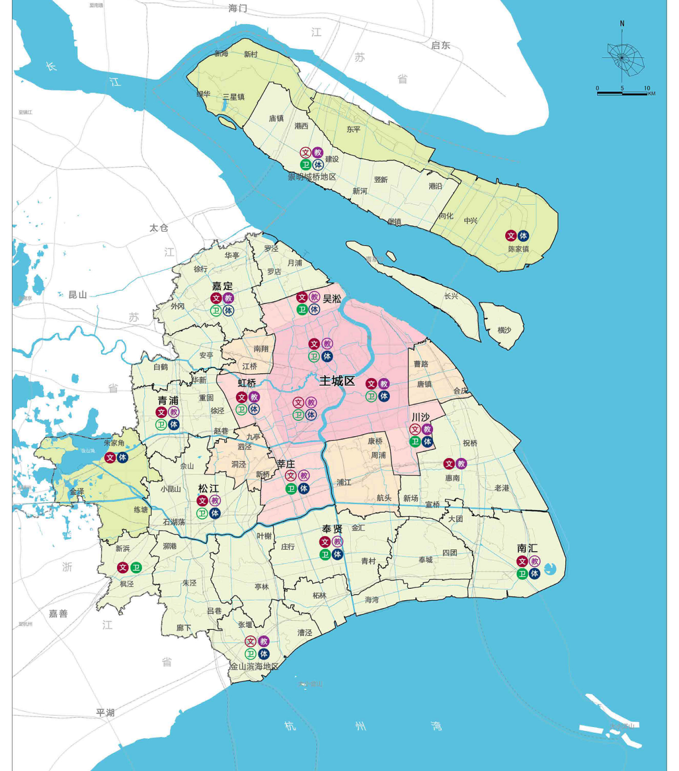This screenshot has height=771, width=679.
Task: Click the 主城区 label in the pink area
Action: [337, 381]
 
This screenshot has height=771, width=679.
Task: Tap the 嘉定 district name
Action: [223, 286]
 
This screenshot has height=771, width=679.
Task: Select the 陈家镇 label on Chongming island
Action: [518, 249]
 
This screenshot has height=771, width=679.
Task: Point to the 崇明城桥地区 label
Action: [312, 177]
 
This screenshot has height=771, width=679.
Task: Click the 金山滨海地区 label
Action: [254, 666]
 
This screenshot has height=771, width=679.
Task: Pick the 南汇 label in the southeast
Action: [527, 548]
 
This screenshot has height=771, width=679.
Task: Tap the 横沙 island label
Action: [504, 330]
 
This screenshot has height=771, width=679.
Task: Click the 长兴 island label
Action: [451, 296]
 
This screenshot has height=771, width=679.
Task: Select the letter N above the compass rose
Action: [622, 24]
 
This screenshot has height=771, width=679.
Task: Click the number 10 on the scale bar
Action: [647, 88]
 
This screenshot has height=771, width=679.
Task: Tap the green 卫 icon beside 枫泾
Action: [136, 568]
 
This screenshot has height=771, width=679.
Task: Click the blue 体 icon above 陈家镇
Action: [523, 236]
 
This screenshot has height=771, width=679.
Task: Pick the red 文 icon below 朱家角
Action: [110, 457]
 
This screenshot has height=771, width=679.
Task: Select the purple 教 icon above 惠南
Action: [461, 464]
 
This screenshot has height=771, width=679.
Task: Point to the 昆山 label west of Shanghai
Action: [78, 295]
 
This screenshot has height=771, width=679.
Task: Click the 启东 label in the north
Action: [440, 45]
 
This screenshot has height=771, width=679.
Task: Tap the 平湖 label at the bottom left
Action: [106, 712]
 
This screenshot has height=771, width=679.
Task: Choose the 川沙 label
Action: [420, 417]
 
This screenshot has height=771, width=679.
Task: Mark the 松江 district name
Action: [208, 488]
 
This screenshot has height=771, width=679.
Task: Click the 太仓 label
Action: [159, 228]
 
